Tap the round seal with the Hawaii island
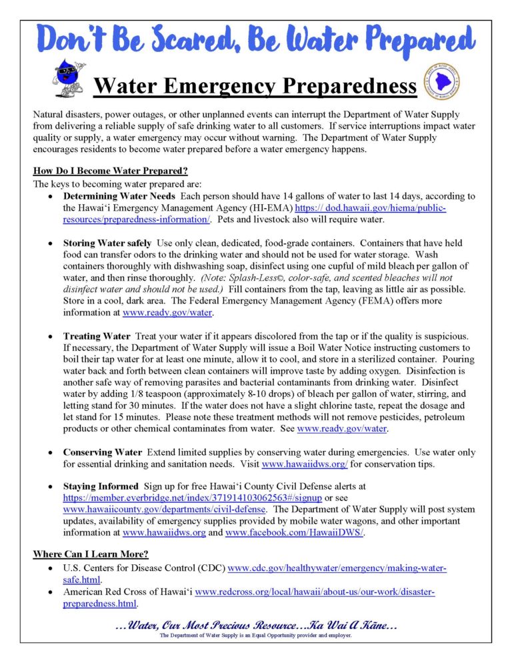(442, 81)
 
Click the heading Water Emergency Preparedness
(255, 86)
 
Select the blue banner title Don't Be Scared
(255, 39)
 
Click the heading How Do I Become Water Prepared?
(105, 171)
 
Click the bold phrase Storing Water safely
(107, 243)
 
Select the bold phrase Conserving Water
(102, 452)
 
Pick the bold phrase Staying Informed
(101, 487)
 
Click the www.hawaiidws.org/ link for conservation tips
(303, 464)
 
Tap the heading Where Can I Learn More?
(91, 555)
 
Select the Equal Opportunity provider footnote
(256, 636)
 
